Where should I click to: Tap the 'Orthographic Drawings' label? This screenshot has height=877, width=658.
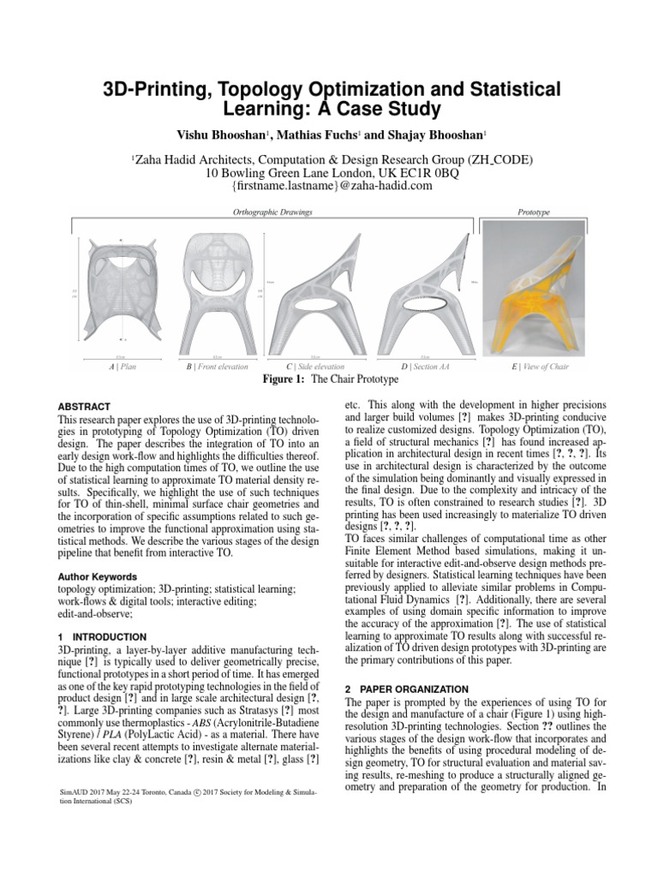pyautogui.click(x=272, y=211)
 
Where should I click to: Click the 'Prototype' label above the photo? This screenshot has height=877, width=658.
pyautogui.click(x=535, y=211)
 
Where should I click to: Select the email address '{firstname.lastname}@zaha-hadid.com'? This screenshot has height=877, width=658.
pyautogui.click(x=329, y=186)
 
